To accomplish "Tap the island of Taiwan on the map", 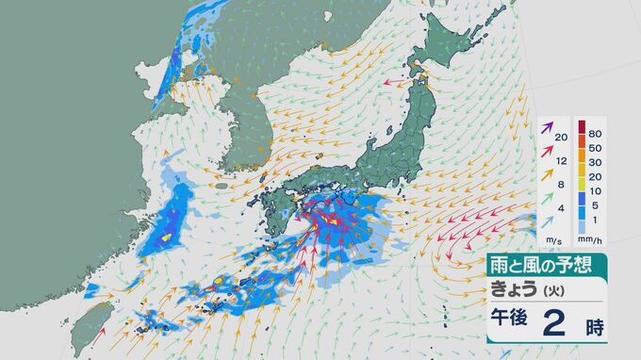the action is tap(91, 327).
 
